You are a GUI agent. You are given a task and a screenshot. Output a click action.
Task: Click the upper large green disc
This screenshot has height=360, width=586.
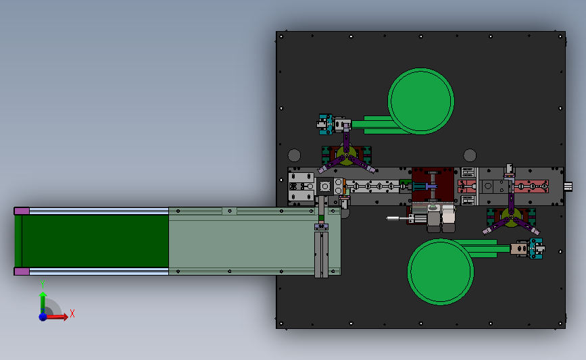(x=420, y=101)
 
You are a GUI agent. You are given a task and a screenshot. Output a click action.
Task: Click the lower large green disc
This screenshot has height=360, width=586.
(x=440, y=270)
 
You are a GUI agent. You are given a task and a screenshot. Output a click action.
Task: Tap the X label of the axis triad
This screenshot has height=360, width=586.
(x=72, y=313)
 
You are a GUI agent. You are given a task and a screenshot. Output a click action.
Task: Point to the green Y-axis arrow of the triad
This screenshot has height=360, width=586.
(x=43, y=301)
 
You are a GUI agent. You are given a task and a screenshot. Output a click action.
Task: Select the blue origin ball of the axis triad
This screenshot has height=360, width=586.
(x=43, y=316)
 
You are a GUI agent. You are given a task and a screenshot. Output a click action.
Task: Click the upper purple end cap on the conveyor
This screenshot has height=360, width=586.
(x=22, y=211)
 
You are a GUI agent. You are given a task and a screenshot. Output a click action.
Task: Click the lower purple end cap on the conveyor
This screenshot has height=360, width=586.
(x=22, y=272)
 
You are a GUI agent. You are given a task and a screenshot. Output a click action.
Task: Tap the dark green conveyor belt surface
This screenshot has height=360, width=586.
(x=95, y=241)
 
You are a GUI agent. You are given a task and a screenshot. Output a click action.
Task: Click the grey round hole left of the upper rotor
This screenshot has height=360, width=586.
(x=294, y=154)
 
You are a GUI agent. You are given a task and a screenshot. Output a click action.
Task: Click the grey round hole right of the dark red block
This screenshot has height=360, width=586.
(x=468, y=154)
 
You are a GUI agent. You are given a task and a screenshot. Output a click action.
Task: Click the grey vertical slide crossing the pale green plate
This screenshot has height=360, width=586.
(x=321, y=243)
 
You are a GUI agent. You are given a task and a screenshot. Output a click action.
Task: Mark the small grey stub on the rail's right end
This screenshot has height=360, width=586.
(x=568, y=185)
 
